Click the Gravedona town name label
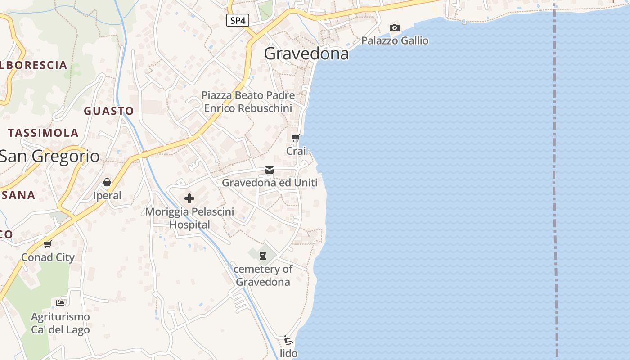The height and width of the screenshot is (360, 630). point(306,54)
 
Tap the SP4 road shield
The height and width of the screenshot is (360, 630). point(238,20)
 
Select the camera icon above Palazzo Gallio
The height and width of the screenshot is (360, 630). point(394,28)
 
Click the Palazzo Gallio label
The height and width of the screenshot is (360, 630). point(395,40)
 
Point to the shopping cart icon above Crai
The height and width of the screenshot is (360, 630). point(295,138)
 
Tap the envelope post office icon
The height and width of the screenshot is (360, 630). point(270,170)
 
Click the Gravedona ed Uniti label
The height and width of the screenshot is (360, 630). point(270,183)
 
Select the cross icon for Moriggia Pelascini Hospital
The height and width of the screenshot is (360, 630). point(189,198)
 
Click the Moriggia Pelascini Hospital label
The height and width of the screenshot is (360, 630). point(189,218)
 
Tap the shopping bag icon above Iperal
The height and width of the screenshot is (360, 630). point(107,182)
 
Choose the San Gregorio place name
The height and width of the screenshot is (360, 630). point(49,156)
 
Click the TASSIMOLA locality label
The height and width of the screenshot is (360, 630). point(43,133)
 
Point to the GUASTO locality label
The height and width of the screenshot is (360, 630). point(109,111)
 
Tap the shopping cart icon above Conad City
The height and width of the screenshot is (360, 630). point(48,244)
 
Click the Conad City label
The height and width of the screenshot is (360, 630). point(48,257)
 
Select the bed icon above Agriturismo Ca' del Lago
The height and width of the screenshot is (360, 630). point(60,302)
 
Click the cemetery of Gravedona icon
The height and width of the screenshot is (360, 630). point(263,256)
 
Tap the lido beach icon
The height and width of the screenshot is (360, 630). point(288,340)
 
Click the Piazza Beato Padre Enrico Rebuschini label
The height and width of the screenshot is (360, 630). point(248,102)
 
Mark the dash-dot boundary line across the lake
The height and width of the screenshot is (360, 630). point(555,180)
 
